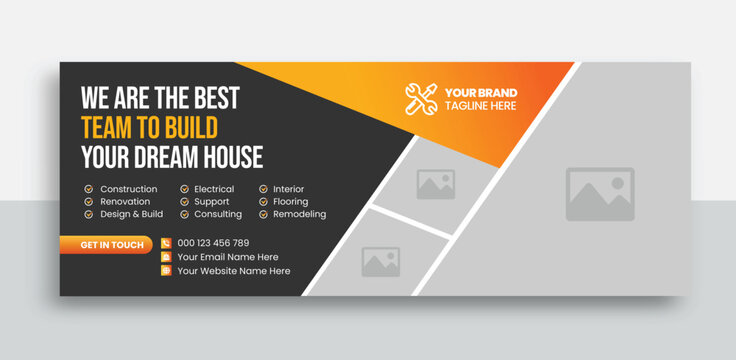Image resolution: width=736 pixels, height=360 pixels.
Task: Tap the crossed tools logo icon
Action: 421,98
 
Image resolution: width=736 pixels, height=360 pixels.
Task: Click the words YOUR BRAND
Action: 481,92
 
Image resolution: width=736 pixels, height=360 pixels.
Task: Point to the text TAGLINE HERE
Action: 481,106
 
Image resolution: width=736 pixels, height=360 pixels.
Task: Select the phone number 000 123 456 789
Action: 213,243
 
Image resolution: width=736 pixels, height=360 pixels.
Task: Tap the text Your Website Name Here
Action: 234,271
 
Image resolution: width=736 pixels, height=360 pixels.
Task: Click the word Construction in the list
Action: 129,189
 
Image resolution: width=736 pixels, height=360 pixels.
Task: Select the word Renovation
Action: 126,202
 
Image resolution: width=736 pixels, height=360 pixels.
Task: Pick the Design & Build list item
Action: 131,215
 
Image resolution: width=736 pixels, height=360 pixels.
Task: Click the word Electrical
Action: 214,189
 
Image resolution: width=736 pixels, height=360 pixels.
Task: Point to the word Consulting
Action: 218,215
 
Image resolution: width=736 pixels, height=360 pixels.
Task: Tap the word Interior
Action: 289,189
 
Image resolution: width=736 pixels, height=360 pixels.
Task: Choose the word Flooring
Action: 291,202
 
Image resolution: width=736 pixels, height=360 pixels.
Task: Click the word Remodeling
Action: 299,215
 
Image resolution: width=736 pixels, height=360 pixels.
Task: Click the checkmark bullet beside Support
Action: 184,202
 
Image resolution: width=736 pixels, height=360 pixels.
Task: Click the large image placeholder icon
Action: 600,193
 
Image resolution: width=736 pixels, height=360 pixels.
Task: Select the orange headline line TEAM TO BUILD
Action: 149,128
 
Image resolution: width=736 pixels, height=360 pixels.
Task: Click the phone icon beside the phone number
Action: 166,243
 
